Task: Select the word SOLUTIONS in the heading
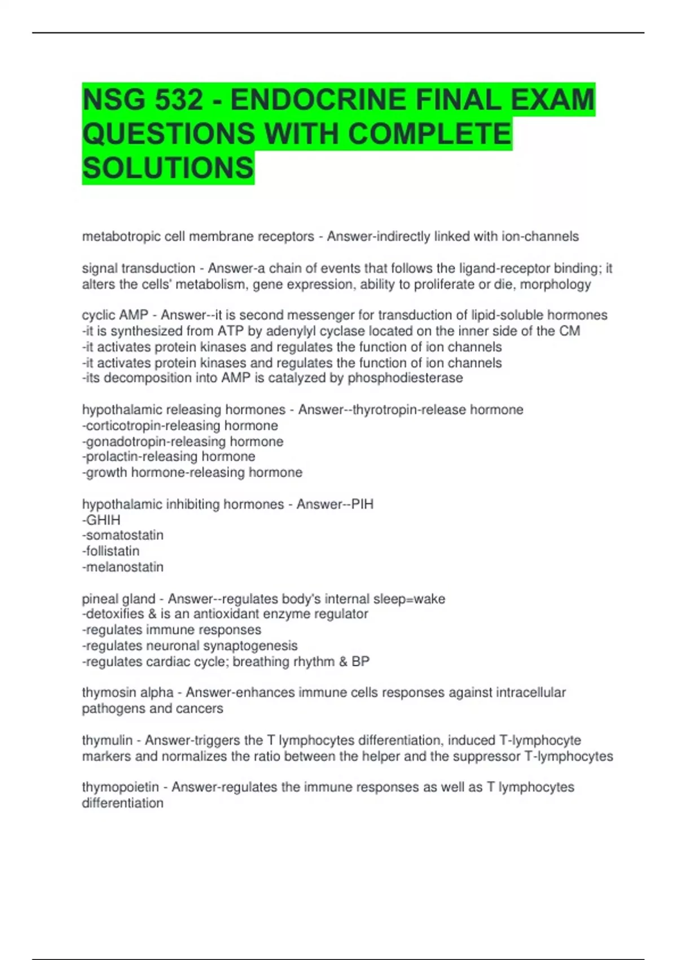point(168,168)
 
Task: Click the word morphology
point(555,284)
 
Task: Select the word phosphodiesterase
point(405,378)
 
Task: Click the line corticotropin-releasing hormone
point(180,425)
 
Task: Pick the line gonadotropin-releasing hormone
point(183,441)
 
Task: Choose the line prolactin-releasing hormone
point(169,456)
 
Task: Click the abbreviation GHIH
point(103,520)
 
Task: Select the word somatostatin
point(124,535)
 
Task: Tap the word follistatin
point(112,551)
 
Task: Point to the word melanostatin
point(124,566)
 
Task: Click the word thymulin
point(107,740)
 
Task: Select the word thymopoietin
point(120,787)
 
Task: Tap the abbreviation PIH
point(362,504)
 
